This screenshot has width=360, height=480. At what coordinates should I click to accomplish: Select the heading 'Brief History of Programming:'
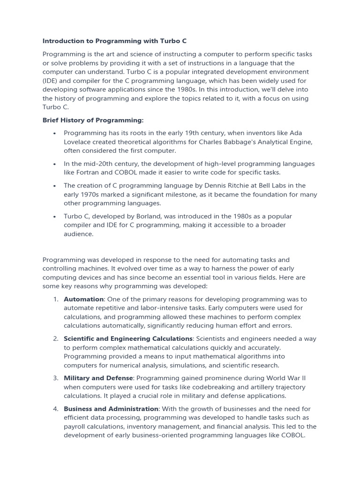93,120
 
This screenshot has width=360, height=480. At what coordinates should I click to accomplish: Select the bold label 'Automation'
83,299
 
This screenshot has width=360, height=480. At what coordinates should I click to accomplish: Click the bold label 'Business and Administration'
111,409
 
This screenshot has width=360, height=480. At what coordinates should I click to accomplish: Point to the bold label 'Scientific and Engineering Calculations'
128,338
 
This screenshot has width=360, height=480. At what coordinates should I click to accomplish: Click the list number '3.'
55,378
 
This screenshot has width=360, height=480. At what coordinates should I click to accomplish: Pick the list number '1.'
55,299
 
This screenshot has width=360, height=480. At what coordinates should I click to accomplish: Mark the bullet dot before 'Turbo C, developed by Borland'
55,217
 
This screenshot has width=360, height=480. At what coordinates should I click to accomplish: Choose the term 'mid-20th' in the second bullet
89,164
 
